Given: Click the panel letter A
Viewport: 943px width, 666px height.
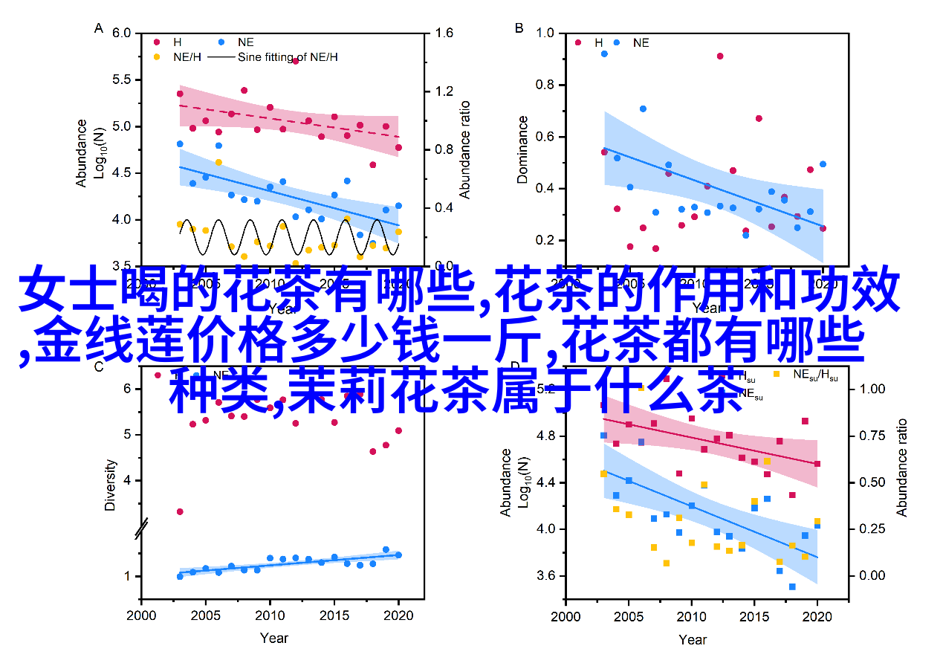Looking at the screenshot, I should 98,28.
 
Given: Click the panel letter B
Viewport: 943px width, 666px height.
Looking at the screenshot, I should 519,28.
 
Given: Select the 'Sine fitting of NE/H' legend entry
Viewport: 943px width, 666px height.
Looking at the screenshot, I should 287,56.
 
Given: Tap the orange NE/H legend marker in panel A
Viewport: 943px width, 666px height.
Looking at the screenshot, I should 158,56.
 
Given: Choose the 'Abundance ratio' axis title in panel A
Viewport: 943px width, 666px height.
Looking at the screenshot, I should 464,149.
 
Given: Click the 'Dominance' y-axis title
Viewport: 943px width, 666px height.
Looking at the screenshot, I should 523,149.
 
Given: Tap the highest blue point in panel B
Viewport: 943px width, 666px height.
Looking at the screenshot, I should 604,54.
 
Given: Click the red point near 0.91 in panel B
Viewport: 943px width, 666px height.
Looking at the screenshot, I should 720,56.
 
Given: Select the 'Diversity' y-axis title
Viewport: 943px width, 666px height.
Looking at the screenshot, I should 110,485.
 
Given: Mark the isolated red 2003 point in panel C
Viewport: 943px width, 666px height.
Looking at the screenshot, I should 180,511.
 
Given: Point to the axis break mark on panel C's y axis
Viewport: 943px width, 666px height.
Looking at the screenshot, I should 140,528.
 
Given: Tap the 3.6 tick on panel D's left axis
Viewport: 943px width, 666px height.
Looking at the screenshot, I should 545,576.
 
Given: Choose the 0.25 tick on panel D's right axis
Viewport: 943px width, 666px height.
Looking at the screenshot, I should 872,529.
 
